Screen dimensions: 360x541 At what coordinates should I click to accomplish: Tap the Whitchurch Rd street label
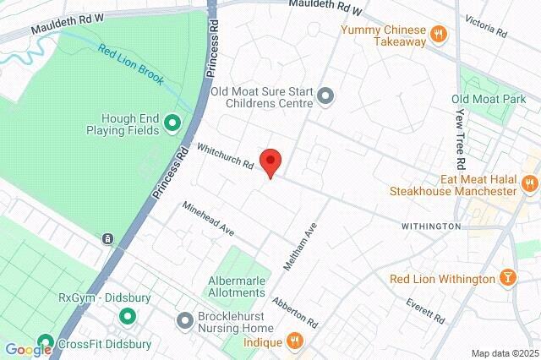point(226,156)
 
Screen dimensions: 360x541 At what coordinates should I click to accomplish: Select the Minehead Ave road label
point(207,219)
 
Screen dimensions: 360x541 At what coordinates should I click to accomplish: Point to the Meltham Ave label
point(299,246)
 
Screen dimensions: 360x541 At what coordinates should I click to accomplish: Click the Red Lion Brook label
point(132,64)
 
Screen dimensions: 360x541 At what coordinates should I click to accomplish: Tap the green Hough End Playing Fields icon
point(173,124)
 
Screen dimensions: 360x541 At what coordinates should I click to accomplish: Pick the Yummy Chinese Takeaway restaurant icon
point(438,35)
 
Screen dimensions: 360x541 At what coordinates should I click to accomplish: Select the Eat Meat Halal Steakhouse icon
point(530,183)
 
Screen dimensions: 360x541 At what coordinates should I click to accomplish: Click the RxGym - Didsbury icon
point(127,318)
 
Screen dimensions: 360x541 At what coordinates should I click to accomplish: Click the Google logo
point(28,350)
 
